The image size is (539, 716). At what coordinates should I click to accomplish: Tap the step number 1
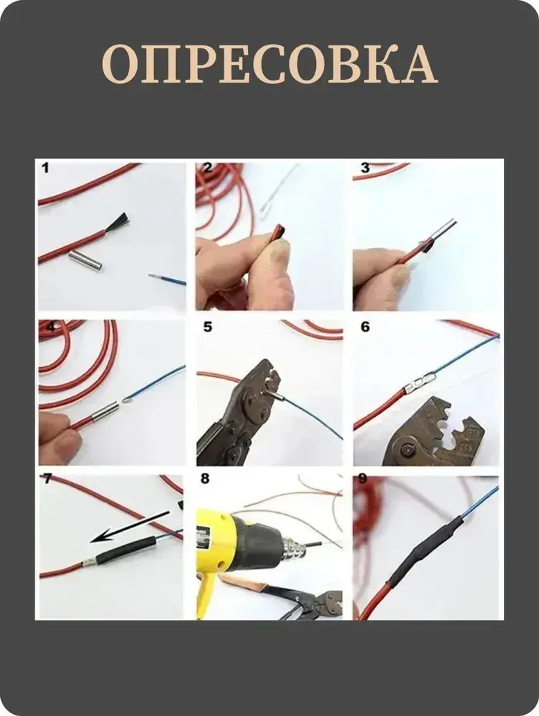(x=45, y=169)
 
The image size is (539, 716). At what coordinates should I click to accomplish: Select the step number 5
(x=208, y=327)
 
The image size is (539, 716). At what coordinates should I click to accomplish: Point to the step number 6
(x=365, y=327)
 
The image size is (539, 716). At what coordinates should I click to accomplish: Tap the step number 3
(x=365, y=168)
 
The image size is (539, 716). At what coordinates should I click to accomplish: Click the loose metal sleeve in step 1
(x=86, y=263)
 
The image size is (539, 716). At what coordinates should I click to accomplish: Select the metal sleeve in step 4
(x=105, y=410)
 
